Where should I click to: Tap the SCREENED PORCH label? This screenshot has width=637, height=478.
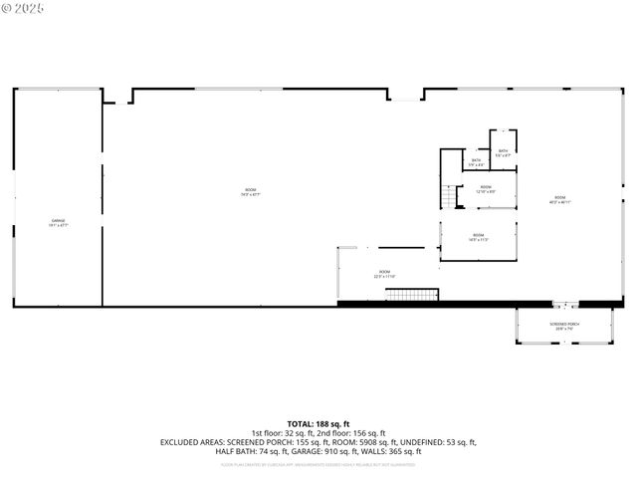(x=564, y=326)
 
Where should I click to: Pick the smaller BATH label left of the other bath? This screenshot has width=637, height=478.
(x=477, y=162)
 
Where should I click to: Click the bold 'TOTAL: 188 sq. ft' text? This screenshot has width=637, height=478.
(x=318, y=423)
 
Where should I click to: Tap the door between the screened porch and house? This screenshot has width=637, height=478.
(x=564, y=304)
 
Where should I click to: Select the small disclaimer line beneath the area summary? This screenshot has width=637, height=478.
(x=318, y=463)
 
